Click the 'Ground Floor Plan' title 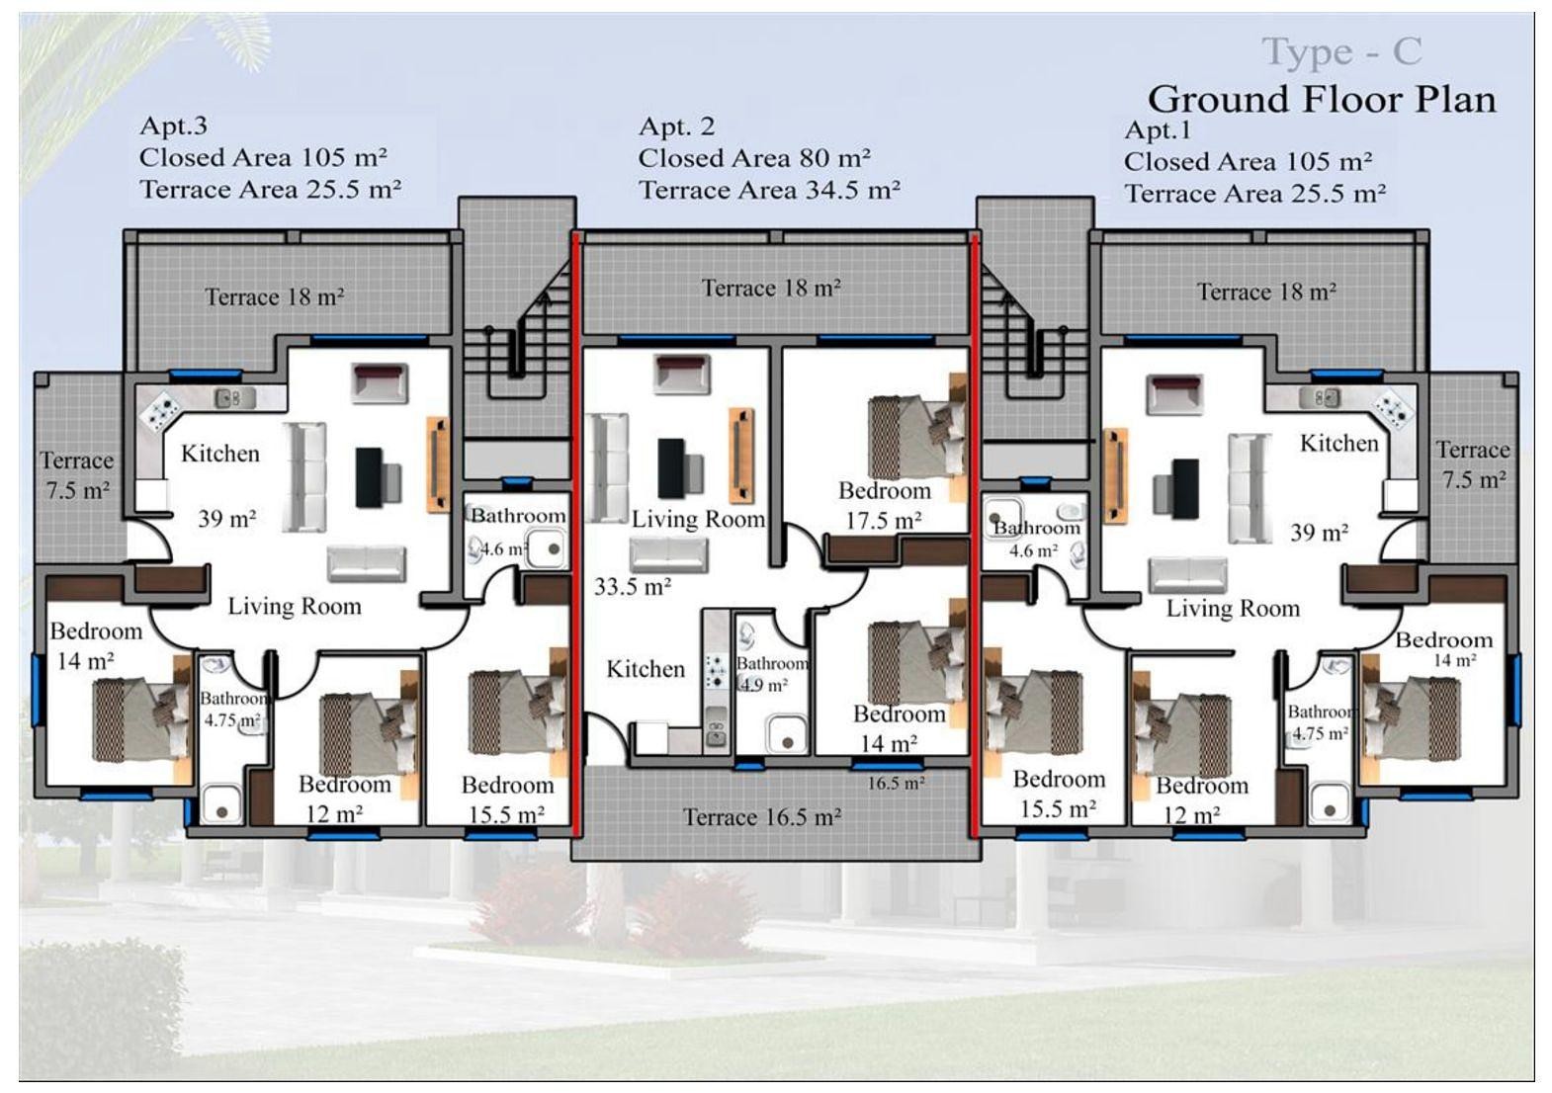[1322, 100]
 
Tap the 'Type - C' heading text [1341, 52]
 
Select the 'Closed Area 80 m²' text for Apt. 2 [754, 159]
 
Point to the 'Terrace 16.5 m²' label [762, 817]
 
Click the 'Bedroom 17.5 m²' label [884, 506]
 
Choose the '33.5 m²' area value [633, 587]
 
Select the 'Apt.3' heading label [173, 126]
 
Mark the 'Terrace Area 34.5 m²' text [769, 190]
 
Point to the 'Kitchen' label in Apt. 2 [646, 669]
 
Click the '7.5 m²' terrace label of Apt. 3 [77, 490]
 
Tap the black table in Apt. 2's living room [671, 468]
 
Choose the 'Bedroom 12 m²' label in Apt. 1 [1201, 800]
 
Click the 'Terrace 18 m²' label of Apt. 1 [1266, 293]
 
